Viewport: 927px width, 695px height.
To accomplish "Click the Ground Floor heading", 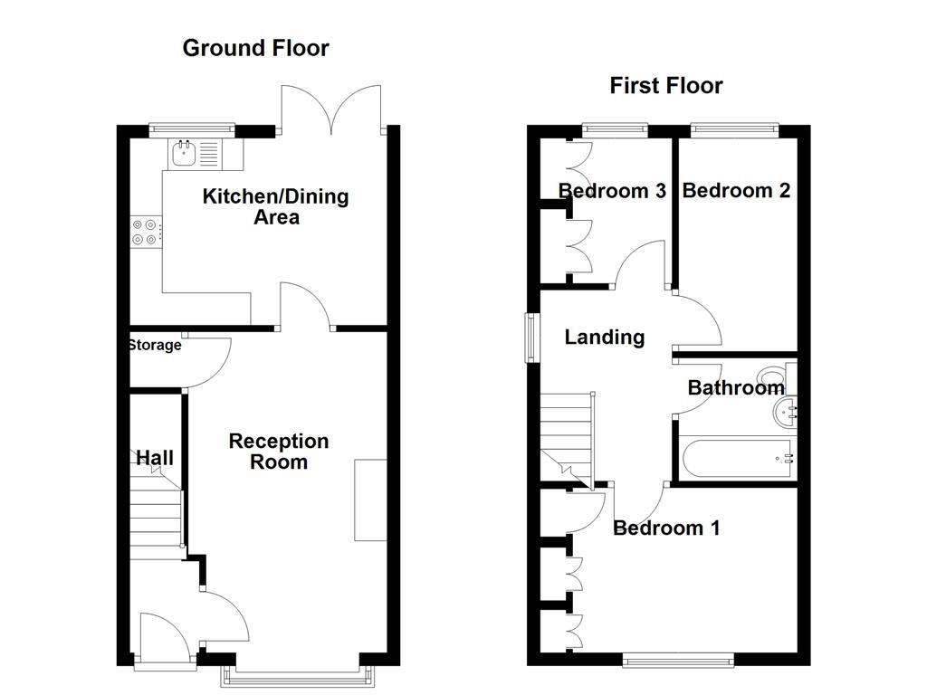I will pos(255,48).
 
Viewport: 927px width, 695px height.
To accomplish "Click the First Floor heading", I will pos(665,86).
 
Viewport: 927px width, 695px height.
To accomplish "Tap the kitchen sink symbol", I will pos(185,153).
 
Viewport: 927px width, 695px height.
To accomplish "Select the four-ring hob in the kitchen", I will pos(146,232).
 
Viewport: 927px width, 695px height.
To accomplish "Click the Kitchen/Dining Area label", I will pos(275,206).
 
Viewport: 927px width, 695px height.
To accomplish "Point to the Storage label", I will pos(155,345).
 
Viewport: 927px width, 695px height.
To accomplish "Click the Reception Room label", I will pos(279,452).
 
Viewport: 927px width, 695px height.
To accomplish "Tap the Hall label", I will pos(155,458).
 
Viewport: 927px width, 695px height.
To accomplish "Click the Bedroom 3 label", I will pos(612,191).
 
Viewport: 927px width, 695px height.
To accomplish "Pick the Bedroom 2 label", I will pos(736,190).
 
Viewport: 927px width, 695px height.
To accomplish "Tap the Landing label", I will pos(604,338).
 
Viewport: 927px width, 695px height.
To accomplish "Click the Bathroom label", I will pos(735,388).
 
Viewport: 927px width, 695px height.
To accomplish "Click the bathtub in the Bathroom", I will pos(735,459).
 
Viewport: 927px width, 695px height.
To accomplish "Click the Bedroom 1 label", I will pos(666,528).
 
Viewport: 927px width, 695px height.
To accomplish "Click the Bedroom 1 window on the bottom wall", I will pos(677,662).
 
